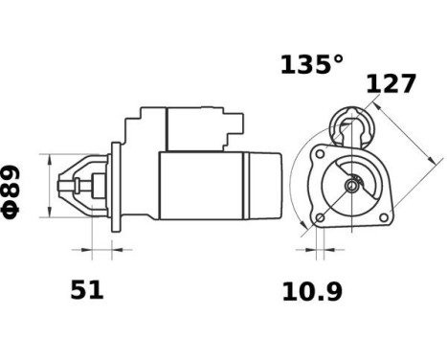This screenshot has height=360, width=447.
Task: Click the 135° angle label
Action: (x=311, y=65)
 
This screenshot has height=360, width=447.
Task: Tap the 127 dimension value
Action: (x=391, y=84)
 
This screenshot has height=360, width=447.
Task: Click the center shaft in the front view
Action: (x=352, y=187)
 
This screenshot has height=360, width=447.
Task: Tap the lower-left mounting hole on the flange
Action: (x=319, y=217)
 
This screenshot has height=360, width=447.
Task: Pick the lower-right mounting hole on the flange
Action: (x=384, y=217)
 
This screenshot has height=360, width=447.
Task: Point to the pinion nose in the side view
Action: (x=77, y=185)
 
